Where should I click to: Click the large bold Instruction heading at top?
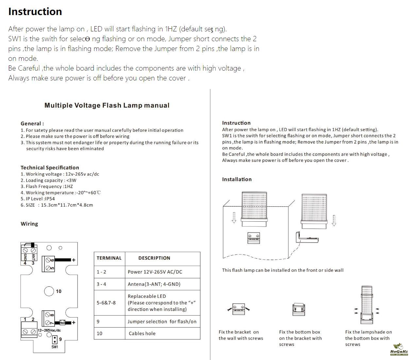click(x=35, y=11)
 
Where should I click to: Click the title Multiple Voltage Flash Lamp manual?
click(x=107, y=105)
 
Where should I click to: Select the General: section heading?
click(x=32, y=124)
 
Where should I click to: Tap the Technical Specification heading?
click(x=50, y=167)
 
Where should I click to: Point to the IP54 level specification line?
click(x=38, y=199)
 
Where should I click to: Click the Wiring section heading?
click(x=29, y=224)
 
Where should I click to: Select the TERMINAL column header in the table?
click(x=109, y=258)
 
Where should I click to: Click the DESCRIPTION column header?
click(x=154, y=258)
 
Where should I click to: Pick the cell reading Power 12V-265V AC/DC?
click(x=155, y=272)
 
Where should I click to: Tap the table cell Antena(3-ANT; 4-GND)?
click(x=154, y=284)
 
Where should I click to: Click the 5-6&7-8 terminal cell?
click(x=106, y=303)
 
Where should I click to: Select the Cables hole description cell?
click(x=142, y=334)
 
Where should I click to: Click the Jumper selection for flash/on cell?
click(x=162, y=321)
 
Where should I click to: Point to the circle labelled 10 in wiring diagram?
click(x=49, y=291)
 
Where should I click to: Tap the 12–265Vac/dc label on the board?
click(x=49, y=331)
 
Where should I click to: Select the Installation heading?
click(x=237, y=179)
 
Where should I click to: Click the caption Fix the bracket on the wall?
click(x=241, y=335)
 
